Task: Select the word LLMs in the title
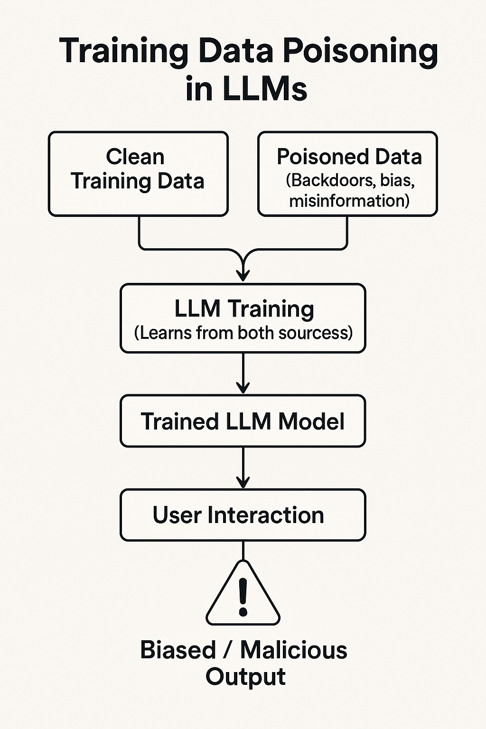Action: (x=268, y=89)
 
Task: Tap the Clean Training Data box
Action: (x=138, y=174)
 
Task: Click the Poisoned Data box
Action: (x=347, y=174)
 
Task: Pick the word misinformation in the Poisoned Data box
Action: (x=349, y=201)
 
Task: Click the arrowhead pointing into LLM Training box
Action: (x=243, y=275)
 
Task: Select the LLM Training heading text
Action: (x=244, y=308)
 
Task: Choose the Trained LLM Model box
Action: (x=243, y=421)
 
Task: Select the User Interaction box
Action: (x=243, y=515)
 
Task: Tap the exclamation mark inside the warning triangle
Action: (x=243, y=596)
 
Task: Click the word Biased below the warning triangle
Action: (x=178, y=650)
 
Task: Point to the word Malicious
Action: (x=294, y=650)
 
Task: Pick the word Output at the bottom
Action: (x=245, y=677)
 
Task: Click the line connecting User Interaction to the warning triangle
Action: (x=243, y=551)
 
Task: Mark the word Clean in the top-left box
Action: (x=135, y=157)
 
